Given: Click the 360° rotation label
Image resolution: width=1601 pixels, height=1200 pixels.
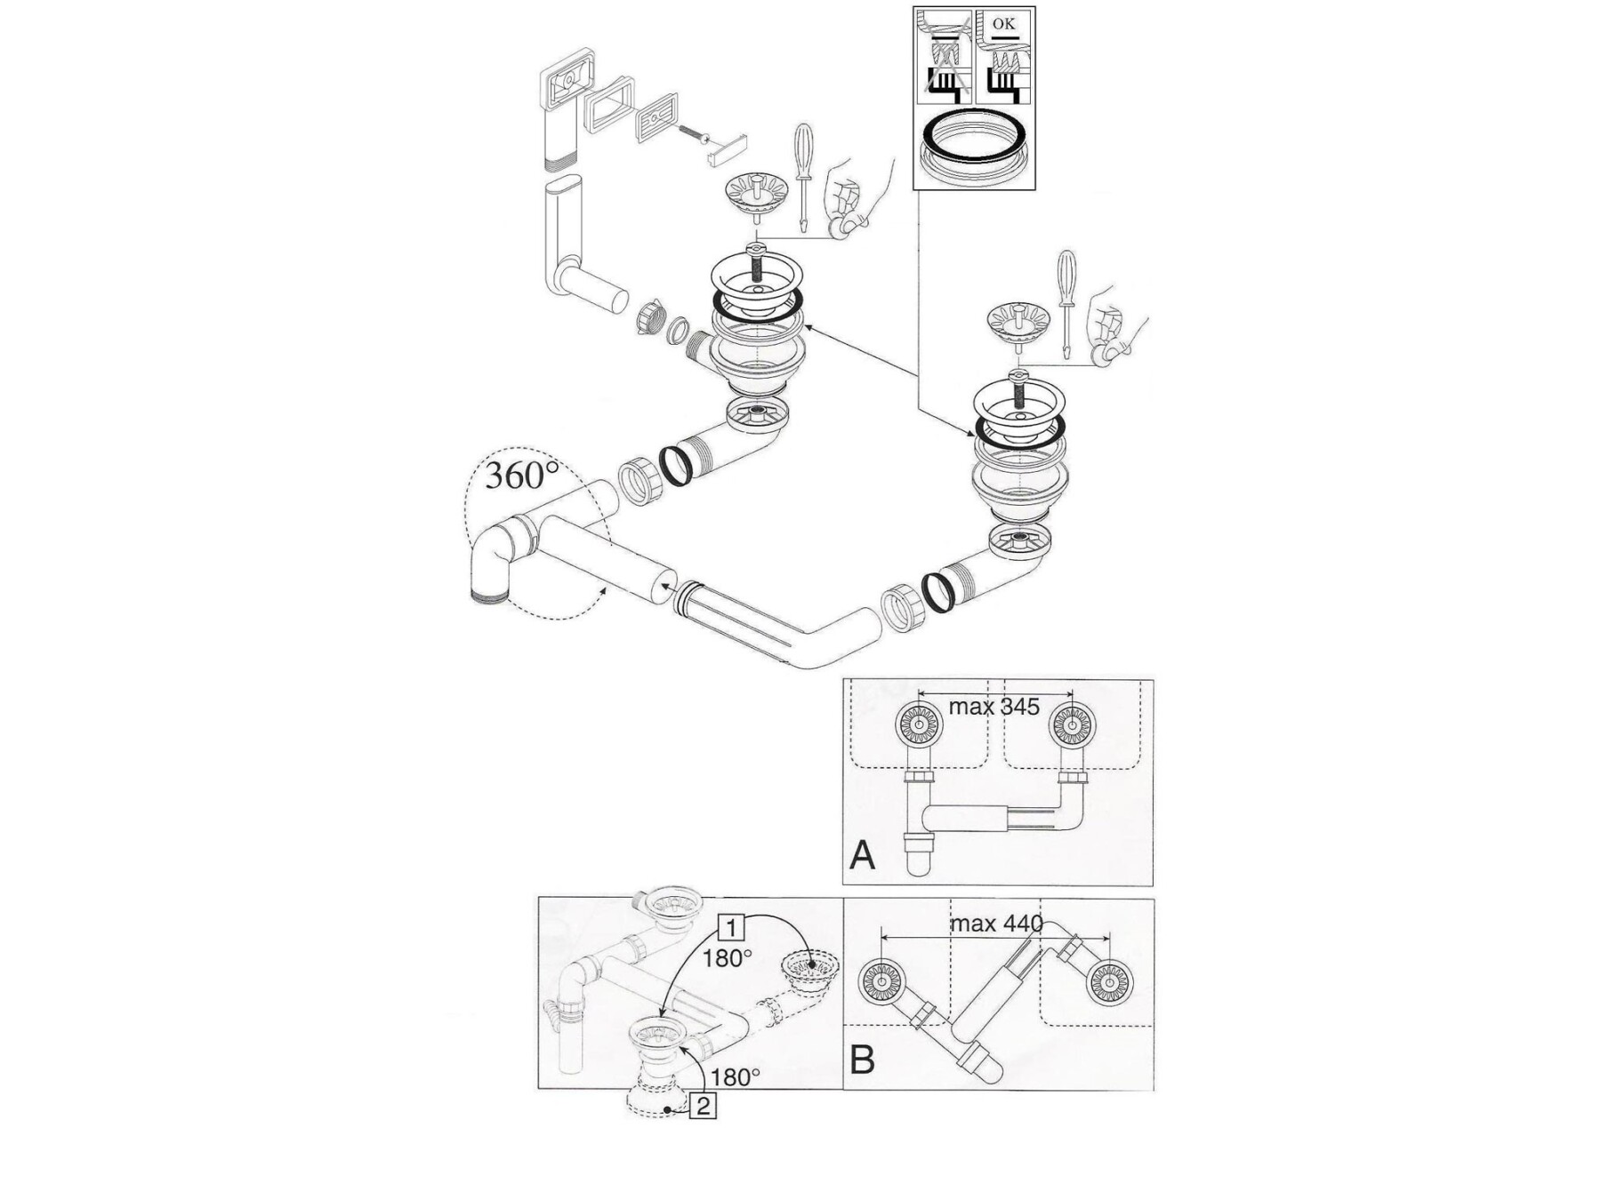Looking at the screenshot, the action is point(521,476).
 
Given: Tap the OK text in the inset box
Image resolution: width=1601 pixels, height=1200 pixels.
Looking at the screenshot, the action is point(1004,23).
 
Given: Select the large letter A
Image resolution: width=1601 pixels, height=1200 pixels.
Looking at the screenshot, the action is point(863,855).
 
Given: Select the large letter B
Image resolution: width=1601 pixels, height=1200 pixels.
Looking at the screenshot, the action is point(863,1060).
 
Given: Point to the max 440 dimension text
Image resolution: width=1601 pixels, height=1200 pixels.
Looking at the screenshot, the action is point(996,924).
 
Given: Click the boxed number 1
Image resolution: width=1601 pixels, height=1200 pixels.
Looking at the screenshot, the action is point(730,929).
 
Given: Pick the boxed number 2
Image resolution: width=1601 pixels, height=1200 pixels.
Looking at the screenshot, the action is point(704,1107).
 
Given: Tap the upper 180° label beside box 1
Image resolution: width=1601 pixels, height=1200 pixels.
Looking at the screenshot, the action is point(727,958).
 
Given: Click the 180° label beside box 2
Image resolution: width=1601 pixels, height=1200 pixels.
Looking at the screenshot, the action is point(736,1077).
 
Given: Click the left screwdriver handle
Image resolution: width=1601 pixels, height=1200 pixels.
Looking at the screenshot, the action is point(803,148).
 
